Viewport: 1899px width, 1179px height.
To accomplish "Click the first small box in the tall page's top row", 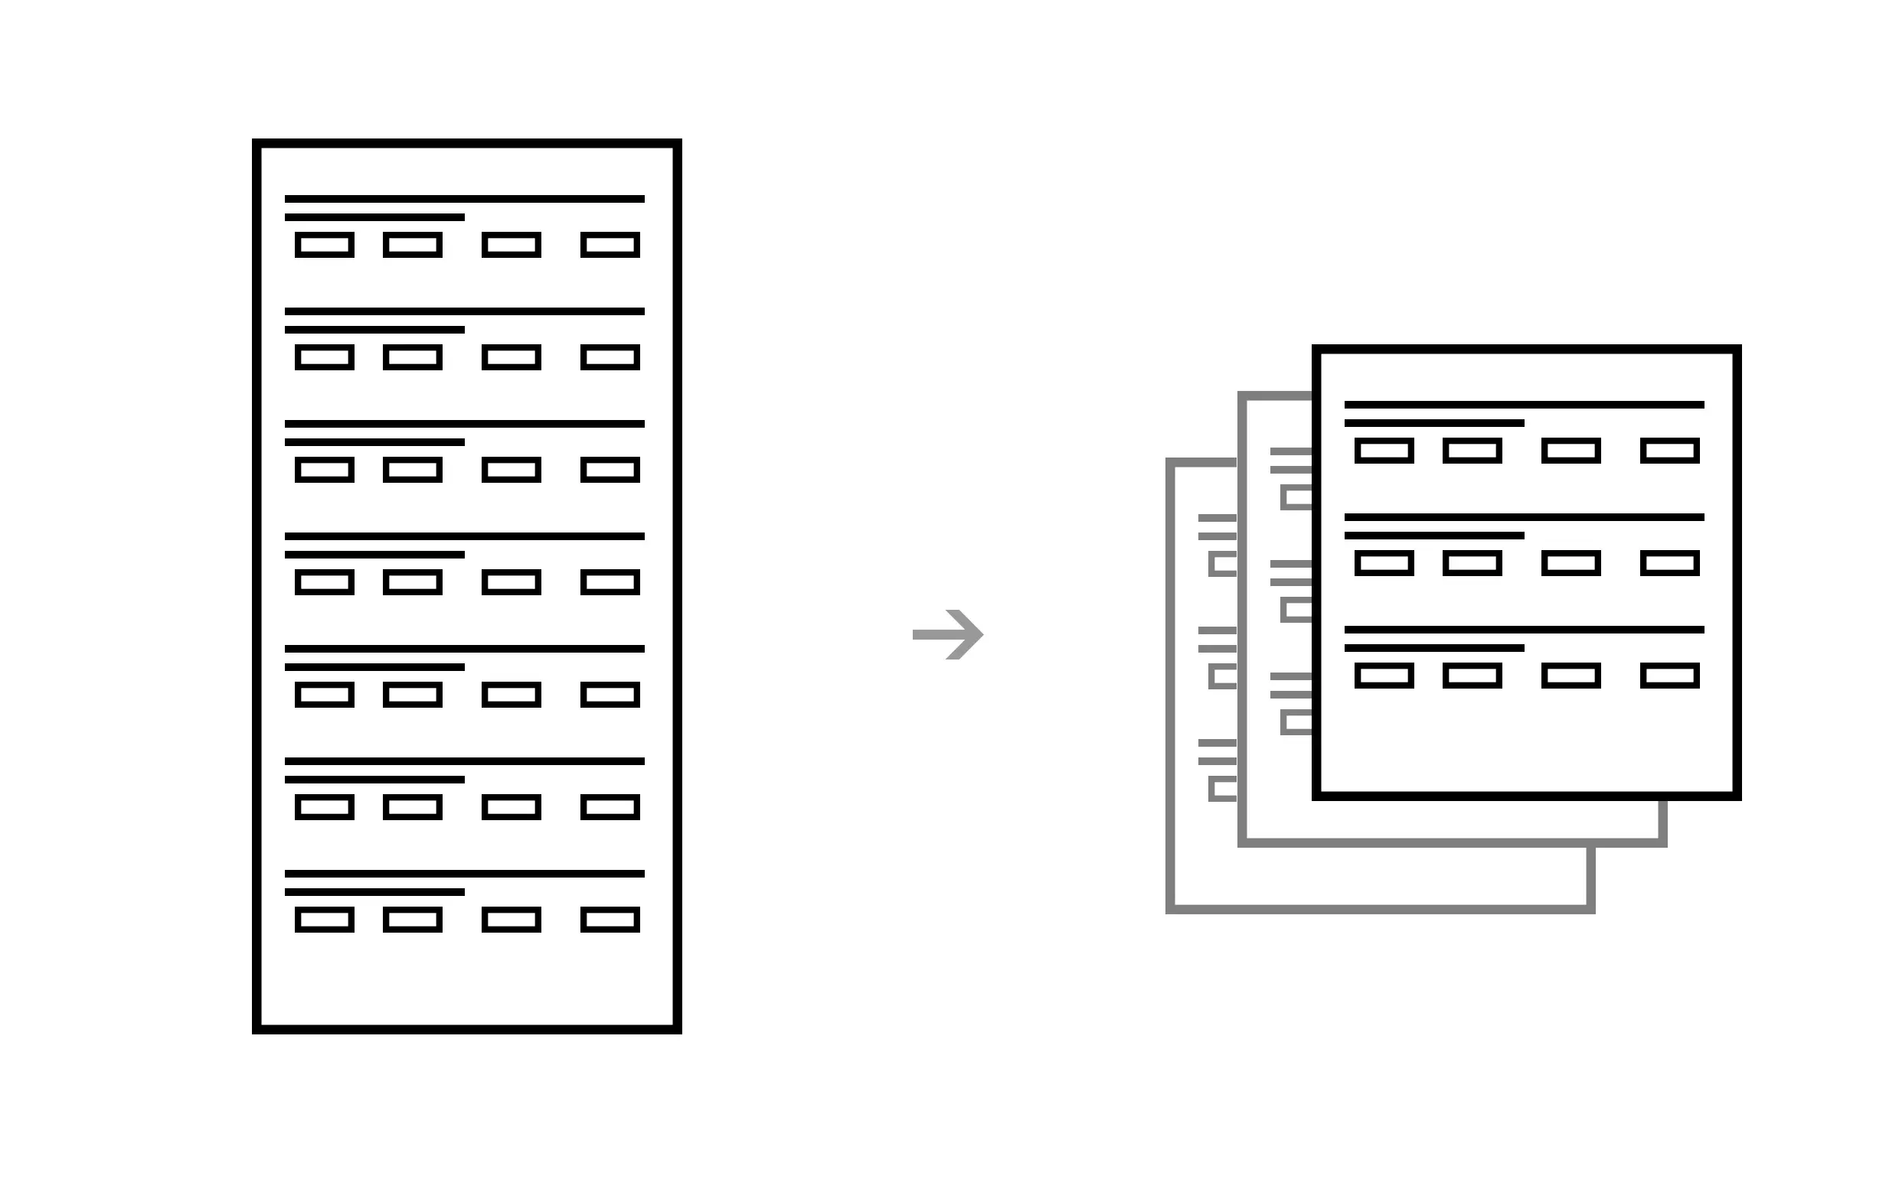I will pyautogui.click(x=325, y=245).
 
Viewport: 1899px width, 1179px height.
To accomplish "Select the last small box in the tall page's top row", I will pyautogui.click(x=610, y=245).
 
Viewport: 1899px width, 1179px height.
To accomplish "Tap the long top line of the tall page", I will pyautogui.click(x=464, y=199).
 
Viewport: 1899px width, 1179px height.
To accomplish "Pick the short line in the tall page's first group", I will pyautogui.click(x=374, y=217).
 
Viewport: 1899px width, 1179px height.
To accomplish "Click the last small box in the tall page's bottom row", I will pyautogui.click(x=610, y=920).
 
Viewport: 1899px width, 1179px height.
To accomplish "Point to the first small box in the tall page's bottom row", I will pyautogui.click(x=325, y=920).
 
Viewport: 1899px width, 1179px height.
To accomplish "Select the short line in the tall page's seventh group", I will pyautogui.click(x=374, y=892).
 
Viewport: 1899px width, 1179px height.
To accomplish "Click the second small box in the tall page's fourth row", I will pyautogui.click(x=413, y=582).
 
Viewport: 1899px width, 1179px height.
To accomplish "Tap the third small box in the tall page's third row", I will pyautogui.click(x=511, y=471).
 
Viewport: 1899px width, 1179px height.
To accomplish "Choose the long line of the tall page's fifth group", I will pyautogui.click(x=464, y=649).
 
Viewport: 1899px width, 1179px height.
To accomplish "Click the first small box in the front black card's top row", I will pyautogui.click(x=1384, y=451).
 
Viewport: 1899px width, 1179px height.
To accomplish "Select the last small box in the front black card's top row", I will pyautogui.click(x=1669, y=451).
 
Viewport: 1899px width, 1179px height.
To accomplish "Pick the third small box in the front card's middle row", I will pyautogui.click(x=1571, y=563).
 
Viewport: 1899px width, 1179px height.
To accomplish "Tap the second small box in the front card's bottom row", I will pyautogui.click(x=1472, y=676).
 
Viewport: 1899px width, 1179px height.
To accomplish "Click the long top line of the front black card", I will pyautogui.click(x=1524, y=405).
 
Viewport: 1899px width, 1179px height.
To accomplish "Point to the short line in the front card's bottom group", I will pyautogui.click(x=1434, y=648).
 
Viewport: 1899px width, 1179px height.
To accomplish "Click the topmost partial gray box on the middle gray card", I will pyautogui.click(x=1296, y=497).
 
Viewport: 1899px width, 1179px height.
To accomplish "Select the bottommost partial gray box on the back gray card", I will pyautogui.click(x=1224, y=788).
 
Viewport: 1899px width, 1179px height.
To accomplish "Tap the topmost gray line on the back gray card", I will pyautogui.click(x=1217, y=518).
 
